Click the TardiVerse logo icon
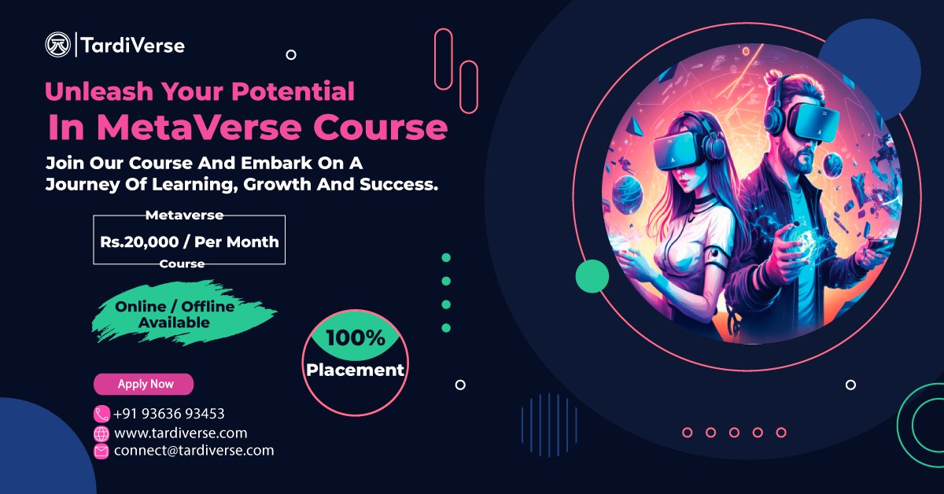[58, 45]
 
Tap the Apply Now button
[144, 384]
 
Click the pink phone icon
[101, 414]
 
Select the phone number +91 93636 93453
[169, 414]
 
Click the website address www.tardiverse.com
[180, 433]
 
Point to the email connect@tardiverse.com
[194, 451]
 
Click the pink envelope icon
[101, 451]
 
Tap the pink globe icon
[101, 433]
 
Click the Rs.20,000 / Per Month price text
[189, 241]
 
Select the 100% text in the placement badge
[356, 339]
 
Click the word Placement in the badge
[356, 369]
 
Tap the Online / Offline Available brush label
[175, 314]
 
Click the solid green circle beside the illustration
[592, 276]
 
